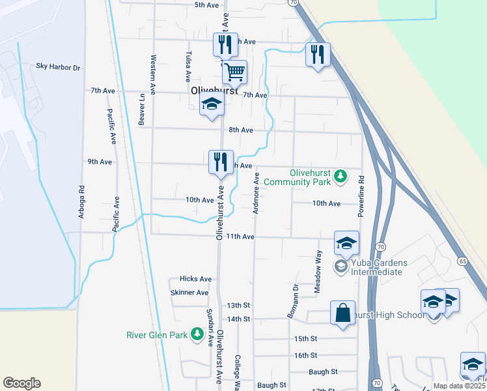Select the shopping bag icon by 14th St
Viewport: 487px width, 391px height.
click(342, 313)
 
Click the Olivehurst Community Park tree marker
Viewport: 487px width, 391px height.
click(339, 176)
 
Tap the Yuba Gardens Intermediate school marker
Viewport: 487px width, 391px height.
click(340, 266)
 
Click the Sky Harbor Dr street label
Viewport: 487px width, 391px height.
click(58, 67)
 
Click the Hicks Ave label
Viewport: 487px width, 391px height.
click(196, 279)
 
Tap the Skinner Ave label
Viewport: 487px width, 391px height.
click(189, 293)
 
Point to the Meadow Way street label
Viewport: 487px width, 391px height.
click(318, 272)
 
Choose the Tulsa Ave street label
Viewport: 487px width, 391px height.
click(188, 66)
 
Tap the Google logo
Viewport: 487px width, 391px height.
click(21, 383)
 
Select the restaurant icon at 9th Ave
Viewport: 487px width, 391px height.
click(221, 162)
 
